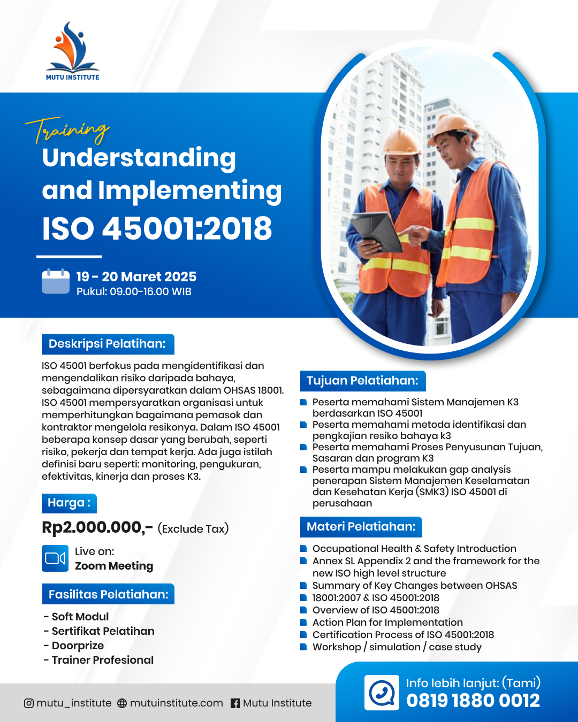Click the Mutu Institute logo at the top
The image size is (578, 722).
(73, 51)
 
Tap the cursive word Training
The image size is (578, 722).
(67, 130)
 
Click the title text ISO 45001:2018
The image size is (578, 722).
(157, 228)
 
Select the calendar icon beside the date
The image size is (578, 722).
(56, 281)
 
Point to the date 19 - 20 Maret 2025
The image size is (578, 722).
(136, 276)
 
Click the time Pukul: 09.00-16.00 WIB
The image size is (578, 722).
(134, 292)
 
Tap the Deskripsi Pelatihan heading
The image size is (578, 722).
(108, 344)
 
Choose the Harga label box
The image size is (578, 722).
(69, 503)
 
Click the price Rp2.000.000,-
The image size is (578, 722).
(97, 527)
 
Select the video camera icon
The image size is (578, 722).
(55, 558)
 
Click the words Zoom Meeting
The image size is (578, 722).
(114, 566)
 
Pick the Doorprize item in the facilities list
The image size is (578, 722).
(78, 646)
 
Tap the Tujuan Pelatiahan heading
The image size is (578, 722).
(362, 381)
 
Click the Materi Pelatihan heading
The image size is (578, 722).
(361, 527)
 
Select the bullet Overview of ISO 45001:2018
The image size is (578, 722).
(376, 610)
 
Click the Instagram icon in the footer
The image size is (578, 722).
(29, 703)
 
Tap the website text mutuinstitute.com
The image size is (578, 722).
(177, 703)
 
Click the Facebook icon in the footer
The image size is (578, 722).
(235, 703)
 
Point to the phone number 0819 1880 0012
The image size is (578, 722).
(473, 701)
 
